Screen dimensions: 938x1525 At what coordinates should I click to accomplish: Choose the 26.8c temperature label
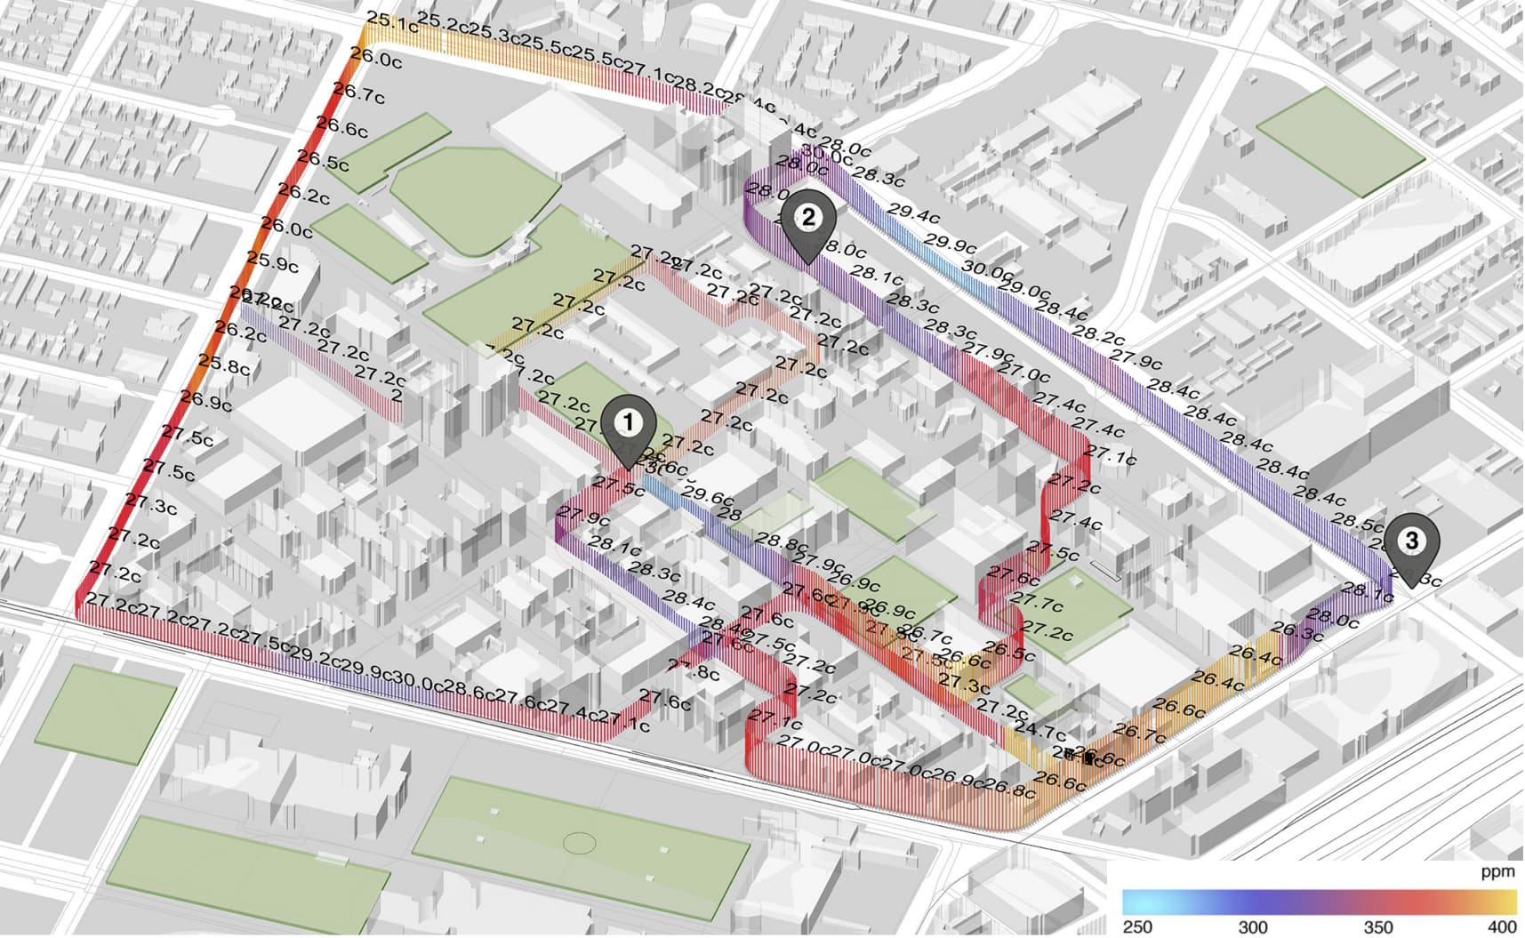[1009, 788]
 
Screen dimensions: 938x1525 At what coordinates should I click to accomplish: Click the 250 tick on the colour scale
[1137, 927]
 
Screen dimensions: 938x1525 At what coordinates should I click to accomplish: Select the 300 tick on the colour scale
[1253, 927]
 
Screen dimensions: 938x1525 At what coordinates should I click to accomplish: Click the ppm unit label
[1497, 872]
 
